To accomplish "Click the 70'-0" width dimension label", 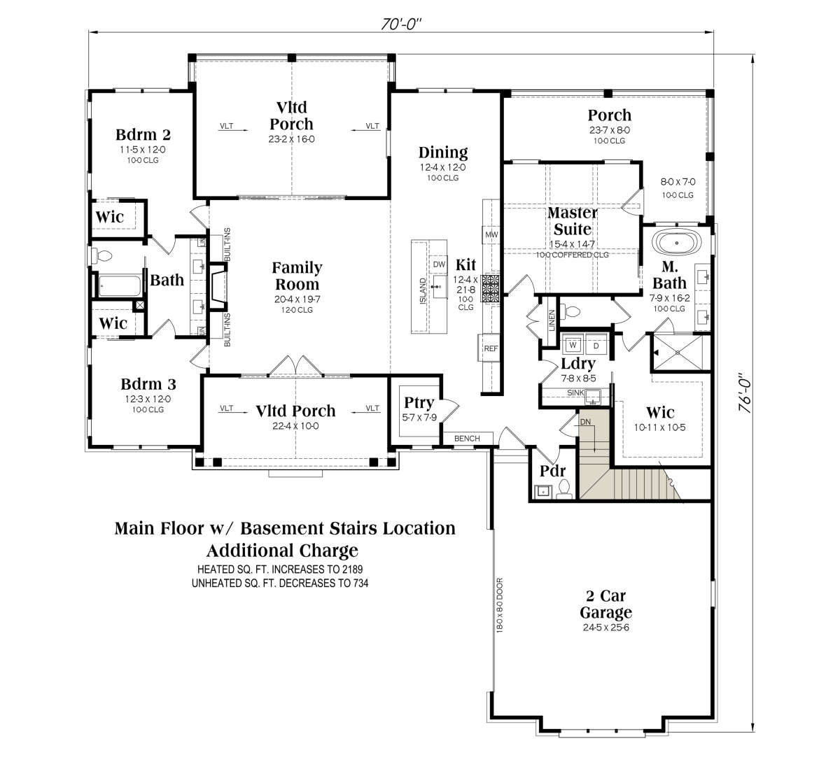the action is point(400,24).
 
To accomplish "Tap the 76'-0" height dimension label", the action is point(745,392).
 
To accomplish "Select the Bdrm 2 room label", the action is point(143,135).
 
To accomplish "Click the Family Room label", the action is point(297,276).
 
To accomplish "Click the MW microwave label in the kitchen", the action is point(491,235).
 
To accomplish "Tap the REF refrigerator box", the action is point(490,348).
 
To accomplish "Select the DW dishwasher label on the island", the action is point(439,264).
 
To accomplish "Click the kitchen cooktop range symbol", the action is point(490,288).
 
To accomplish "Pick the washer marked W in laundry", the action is point(573,346).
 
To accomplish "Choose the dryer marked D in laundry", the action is point(596,346).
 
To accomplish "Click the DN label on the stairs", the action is point(585,422).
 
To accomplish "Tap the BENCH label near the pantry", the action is point(467,439).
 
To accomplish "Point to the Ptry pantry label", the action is point(419,403).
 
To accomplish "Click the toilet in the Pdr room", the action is point(564,489).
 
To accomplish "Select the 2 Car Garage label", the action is point(606,604).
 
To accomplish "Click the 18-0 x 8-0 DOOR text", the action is point(500,605).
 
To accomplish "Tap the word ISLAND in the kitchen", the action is point(423,291).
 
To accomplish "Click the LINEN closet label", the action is point(552,320).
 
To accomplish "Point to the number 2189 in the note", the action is point(352,569).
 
